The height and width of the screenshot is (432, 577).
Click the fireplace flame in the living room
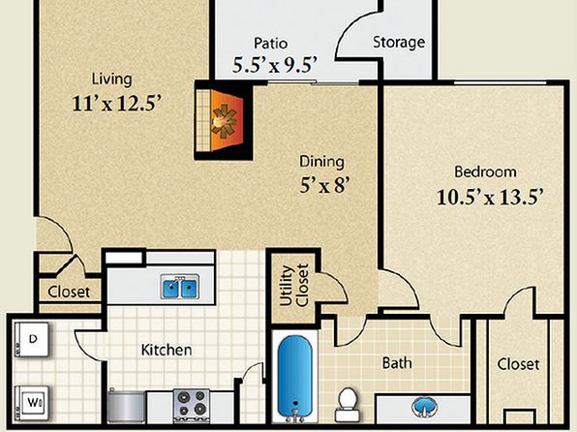pos(224,120)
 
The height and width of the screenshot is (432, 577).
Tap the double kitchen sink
pos(180,288)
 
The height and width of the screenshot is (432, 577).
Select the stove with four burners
pos(192,406)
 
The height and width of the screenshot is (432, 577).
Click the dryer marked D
pos(32,339)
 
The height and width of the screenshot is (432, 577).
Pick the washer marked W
pos(32,403)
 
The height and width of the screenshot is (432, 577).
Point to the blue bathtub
pos(295,379)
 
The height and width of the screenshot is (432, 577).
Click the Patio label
pos(270,44)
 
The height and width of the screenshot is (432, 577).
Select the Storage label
pos(399,43)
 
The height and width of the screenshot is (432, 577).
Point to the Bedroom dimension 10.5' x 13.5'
pos(490,197)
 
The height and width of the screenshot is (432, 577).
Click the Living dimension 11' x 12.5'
pos(116,104)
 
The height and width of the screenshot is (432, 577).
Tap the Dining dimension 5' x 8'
pos(323,185)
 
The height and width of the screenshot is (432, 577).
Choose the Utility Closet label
pos(293,285)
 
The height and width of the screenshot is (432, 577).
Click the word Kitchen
pos(167,350)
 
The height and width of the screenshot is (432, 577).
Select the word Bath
pos(397,363)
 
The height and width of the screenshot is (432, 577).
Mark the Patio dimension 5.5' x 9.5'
pos(275,65)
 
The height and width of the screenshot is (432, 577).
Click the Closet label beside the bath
pos(518,364)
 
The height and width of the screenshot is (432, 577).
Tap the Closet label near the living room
pos(69,293)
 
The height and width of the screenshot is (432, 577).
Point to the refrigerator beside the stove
pos(127,407)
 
